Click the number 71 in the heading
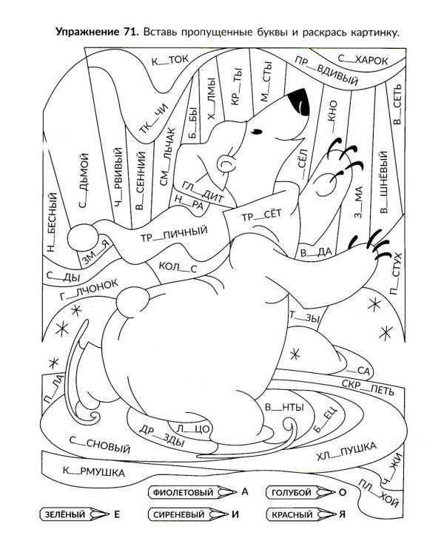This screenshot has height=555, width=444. coord(130,33)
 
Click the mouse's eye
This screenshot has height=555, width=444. coord(256,132)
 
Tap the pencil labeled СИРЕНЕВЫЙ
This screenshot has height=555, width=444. coord(189,514)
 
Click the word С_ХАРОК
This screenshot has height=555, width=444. coord(363,60)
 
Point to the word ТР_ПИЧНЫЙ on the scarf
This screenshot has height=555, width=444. coord(174,234)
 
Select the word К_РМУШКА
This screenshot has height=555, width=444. coord(94,471)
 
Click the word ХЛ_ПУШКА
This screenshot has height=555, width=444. coord(346,451)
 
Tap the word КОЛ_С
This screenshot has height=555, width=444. coord(178,267)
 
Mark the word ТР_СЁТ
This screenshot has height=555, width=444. coord(261,215)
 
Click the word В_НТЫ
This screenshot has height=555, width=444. coord(285,407)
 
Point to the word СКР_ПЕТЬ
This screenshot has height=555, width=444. coord(368,387)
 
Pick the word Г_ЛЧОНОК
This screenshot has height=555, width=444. coord(89,289)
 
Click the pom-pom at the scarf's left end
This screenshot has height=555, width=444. coord(82,238)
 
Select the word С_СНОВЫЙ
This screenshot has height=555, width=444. coord(100,445)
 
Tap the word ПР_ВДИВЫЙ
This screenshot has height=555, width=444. coord(326,70)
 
